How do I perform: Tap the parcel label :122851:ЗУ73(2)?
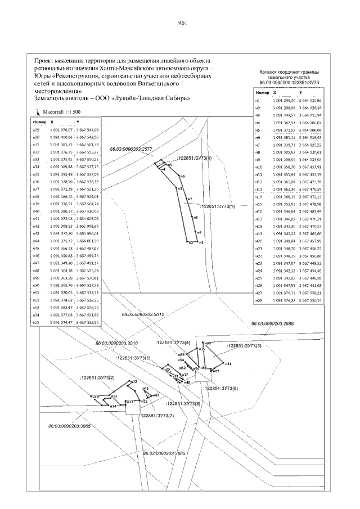(97, 376)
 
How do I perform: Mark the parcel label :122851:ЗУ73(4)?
(173, 343)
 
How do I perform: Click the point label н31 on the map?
(228, 364)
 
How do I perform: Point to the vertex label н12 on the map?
(134, 382)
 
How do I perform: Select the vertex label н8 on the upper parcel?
(195, 217)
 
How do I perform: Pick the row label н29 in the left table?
(35, 129)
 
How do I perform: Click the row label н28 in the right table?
(259, 301)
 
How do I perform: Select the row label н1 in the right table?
(258, 100)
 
